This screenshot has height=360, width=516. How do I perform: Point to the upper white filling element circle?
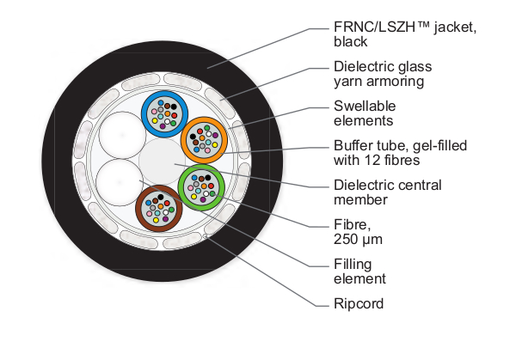point(118,137)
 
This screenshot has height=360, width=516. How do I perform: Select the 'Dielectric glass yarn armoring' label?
point(383,73)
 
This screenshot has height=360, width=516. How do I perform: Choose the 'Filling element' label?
point(359,271)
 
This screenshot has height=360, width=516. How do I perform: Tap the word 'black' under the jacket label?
point(349,41)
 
